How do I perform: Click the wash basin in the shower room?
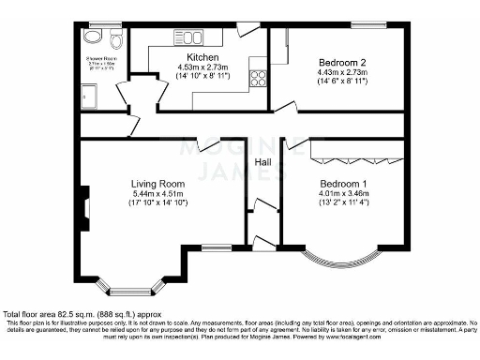[92, 37]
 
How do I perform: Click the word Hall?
[264, 163]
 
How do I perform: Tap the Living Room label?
[158, 183]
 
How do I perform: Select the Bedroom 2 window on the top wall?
[365, 23]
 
